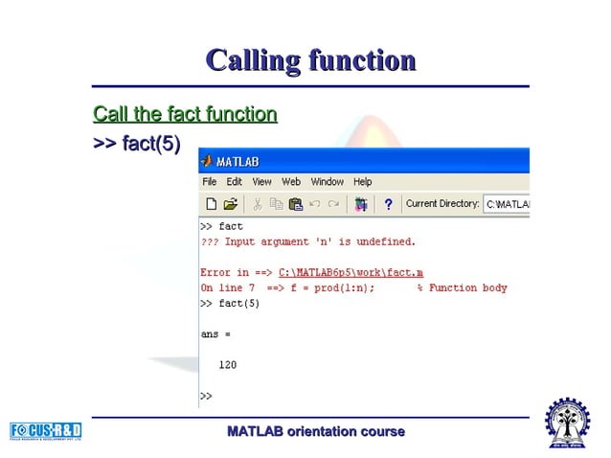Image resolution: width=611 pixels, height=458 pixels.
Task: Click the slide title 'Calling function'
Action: point(311,61)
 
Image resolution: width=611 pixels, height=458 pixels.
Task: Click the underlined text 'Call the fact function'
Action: point(185,115)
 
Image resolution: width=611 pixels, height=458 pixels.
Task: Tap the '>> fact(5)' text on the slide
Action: point(136,144)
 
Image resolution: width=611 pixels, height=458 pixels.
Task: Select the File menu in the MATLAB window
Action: point(209,182)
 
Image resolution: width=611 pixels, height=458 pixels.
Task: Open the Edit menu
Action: point(234,182)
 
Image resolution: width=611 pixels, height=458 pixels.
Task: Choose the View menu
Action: point(261,182)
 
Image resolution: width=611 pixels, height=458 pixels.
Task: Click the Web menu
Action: point(291,182)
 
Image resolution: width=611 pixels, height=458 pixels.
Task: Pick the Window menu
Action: point(327,182)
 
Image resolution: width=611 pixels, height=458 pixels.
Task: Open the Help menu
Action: point(362,182)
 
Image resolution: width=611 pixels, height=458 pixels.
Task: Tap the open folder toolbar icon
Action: point(230,204)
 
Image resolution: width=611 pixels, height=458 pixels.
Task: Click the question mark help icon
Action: point(388,204)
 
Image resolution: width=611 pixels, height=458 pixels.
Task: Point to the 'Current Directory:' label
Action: point(441,204)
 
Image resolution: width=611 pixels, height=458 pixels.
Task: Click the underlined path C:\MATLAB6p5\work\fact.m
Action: point(351,273)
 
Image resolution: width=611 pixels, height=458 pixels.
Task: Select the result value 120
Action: point(228,365)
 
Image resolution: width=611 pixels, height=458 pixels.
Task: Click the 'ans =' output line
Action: point(215,334)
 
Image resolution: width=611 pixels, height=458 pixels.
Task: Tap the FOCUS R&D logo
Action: point(46,431)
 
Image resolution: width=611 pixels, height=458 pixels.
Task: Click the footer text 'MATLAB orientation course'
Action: point(316,432)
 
